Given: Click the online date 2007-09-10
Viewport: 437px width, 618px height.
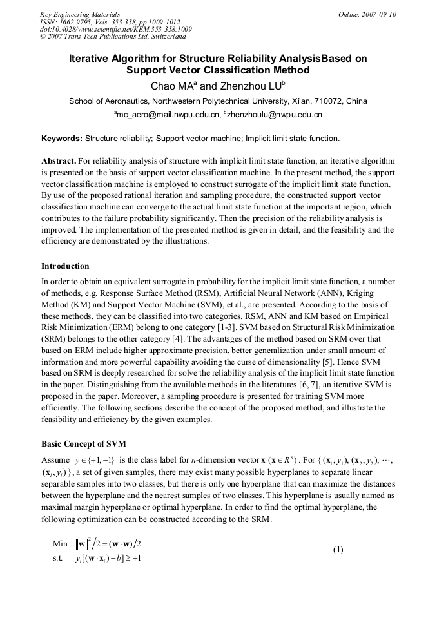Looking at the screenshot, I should click(x=379, y=14).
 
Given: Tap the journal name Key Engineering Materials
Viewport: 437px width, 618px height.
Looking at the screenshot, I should click(x=79, y=14).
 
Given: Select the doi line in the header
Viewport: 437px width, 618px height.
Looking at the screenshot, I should click(x=115, y=29).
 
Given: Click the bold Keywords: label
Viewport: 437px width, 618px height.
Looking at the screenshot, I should click(x=62, y=139).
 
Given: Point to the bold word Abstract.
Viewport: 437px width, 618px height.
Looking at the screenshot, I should click(x=59, y=160).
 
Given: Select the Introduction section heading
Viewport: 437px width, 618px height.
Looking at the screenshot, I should click(x=65, y=266).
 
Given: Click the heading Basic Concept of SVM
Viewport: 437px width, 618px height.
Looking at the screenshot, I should click(x=84, y=444).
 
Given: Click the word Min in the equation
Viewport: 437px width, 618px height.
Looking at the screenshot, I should click(x=60, y=544).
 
